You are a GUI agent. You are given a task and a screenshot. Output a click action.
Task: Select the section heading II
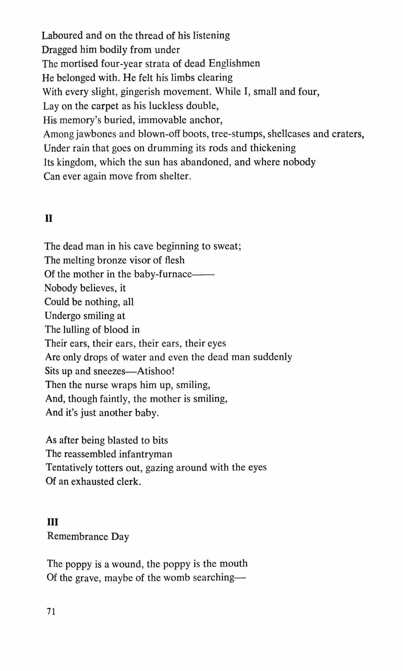point(49,219)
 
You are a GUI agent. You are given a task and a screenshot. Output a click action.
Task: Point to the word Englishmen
point(234,63)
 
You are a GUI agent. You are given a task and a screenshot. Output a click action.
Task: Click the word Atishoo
point(155,371)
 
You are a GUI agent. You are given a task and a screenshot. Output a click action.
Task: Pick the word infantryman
point(145,454)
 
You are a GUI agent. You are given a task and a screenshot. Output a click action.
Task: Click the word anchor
point(206,120)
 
